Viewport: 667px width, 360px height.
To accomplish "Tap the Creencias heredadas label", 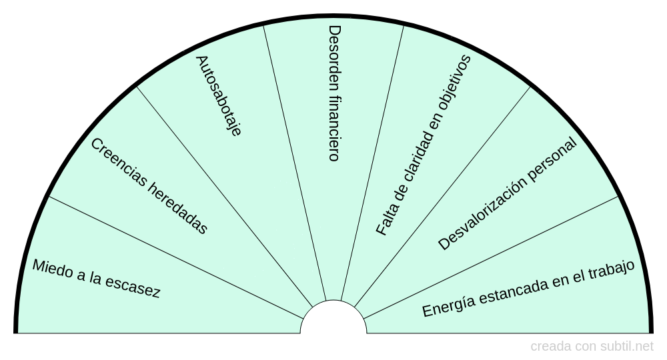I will (x=149, y=186).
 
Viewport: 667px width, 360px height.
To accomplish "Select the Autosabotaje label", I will (x=218, y=95).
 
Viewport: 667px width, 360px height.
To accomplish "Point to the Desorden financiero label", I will (x=334, y=93).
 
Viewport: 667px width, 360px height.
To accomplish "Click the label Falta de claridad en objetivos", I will (x=424, y=145).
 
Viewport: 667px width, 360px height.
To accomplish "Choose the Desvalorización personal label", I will (x=507, y=193).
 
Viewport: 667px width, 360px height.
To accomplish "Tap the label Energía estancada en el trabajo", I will (x=528, y=289).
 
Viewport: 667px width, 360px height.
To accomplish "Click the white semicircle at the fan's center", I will (x=333, y=320).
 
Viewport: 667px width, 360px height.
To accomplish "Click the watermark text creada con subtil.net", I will (x=592, y=346).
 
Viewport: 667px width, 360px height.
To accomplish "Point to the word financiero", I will (x=334, y=129).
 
